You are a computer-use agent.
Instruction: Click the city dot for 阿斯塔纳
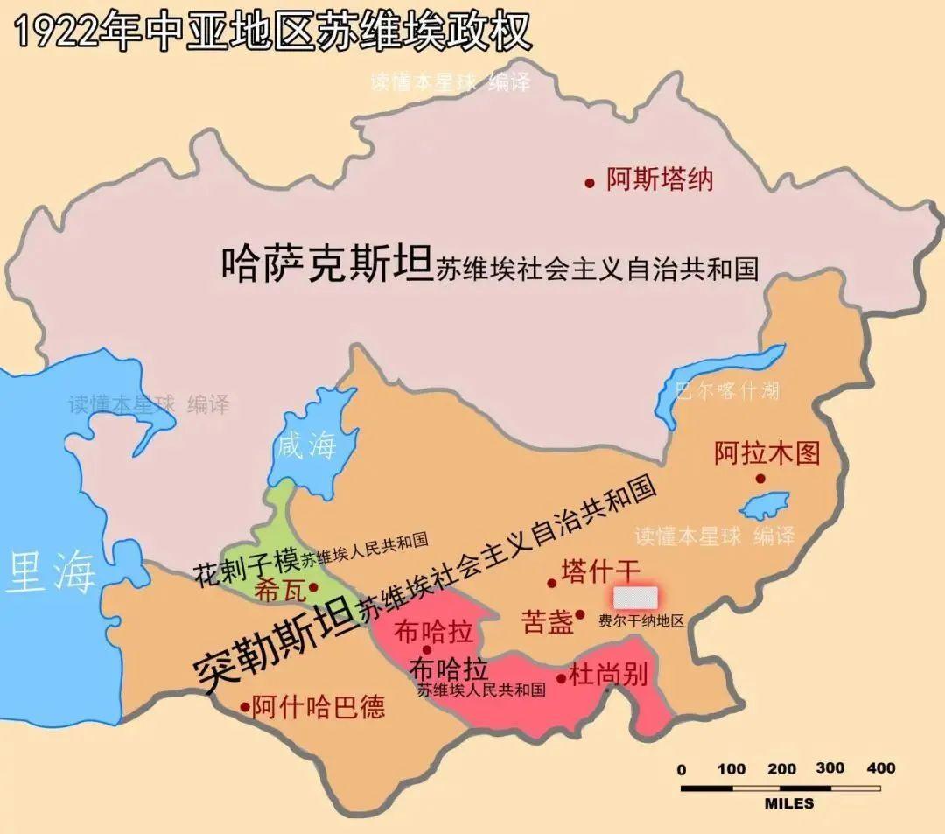point(590,183)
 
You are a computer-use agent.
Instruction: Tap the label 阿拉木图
point(766,453)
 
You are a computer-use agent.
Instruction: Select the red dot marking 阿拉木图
point(760,479)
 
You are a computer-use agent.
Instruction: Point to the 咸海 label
point(306,446)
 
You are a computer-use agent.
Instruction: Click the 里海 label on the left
point(51,573)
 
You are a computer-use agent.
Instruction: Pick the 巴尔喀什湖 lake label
point(726,390)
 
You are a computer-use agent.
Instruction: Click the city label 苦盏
point(547,621)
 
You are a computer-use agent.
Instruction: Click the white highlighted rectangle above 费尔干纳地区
point(634,598)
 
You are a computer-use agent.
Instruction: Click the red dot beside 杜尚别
point(561,677)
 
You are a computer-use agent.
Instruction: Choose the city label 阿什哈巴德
point(318,707)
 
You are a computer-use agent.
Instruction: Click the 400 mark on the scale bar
point(880,768)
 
